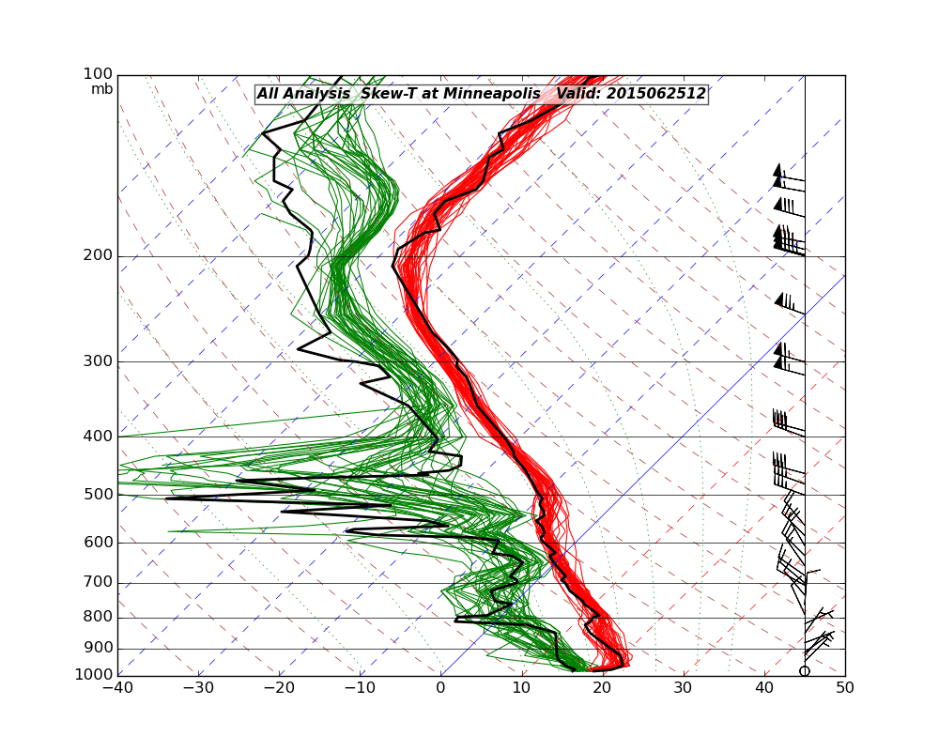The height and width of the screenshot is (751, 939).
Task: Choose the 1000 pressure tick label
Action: [95, 675]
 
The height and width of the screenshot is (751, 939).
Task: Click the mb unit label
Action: [101, 89]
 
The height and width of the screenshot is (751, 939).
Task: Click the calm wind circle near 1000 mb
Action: [805, 670]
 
